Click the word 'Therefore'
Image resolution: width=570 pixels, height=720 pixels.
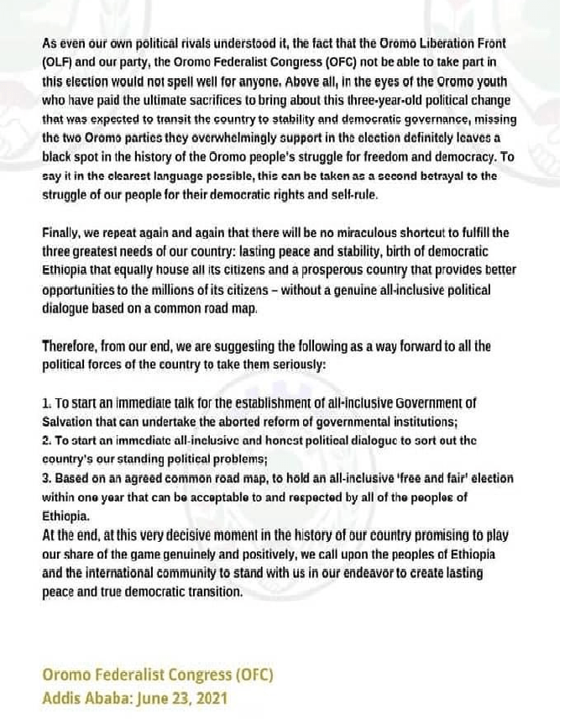73,346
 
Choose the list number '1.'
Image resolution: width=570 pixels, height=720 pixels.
46,403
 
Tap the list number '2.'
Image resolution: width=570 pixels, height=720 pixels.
47,440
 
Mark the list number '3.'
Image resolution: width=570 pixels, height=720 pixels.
47,478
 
